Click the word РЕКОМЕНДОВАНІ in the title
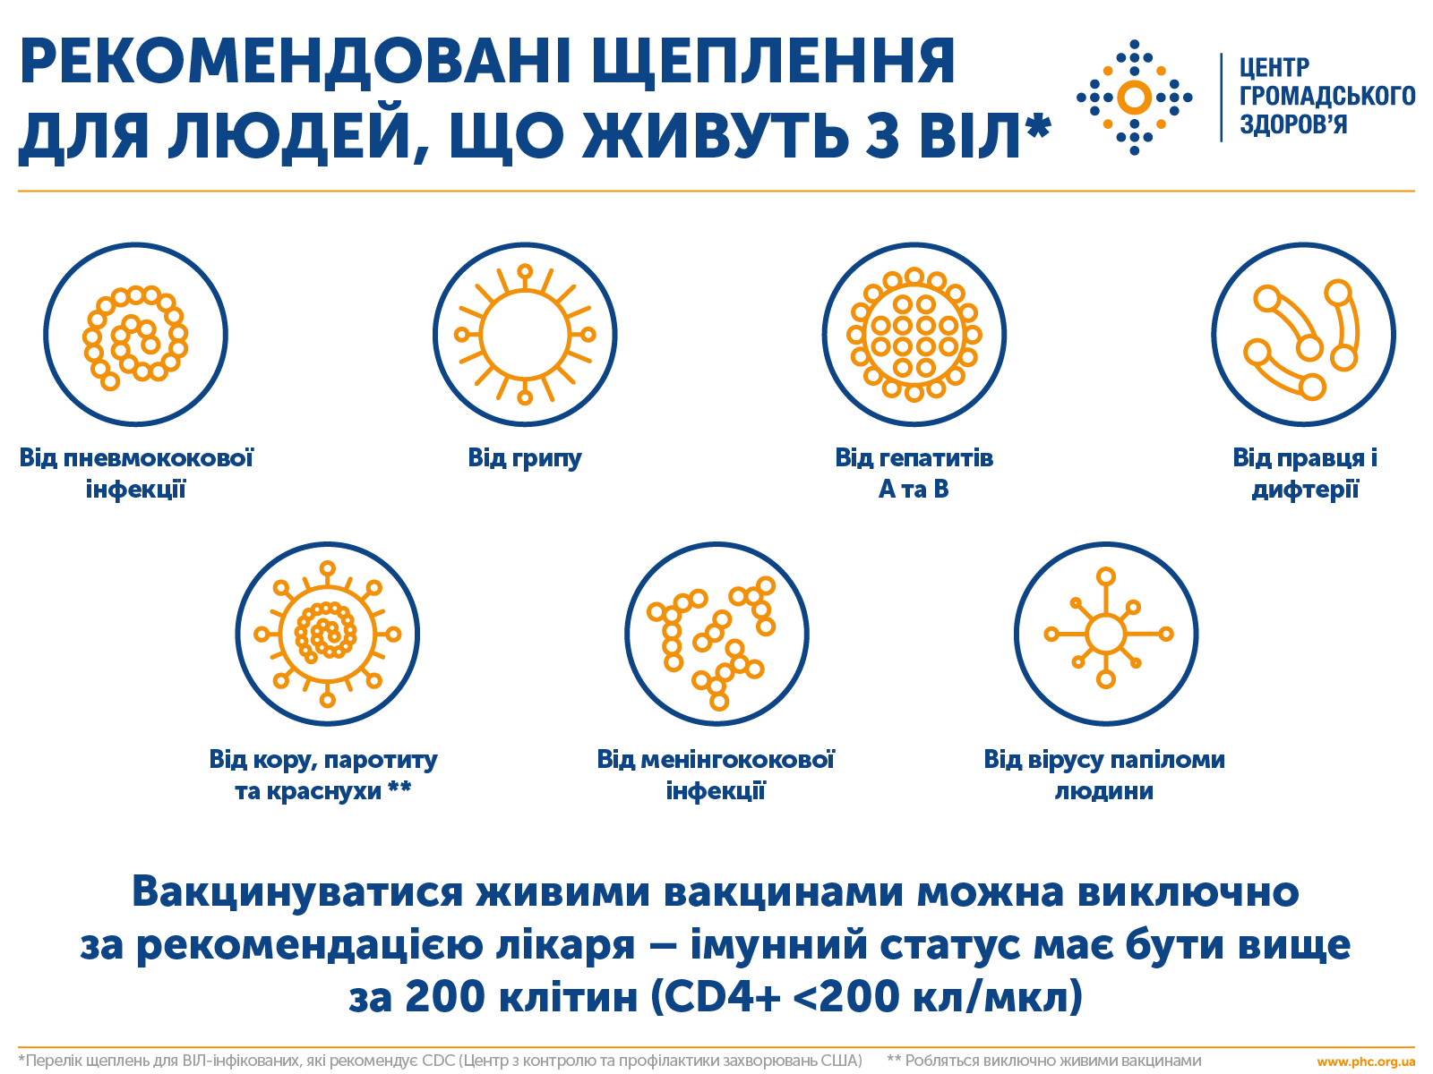[296, 62]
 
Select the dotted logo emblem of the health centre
[1135, 98]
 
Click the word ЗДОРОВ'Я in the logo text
[1292, 124]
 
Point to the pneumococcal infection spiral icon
[136, 335]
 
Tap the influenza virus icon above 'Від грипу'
[525, 335]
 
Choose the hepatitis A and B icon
[914, 335]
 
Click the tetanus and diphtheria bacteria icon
[1304, 335]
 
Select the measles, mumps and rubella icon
[328, 634]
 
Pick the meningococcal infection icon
[716, 634]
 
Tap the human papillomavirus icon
[1106, 634]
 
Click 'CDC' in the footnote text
[438, 1061]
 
